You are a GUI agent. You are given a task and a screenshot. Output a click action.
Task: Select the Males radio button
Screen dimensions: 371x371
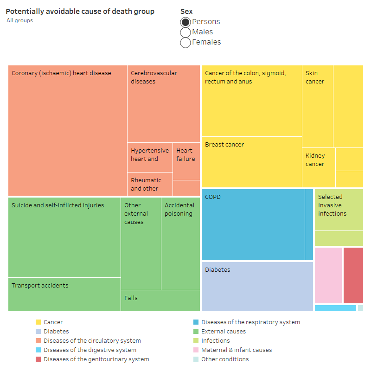(185, 32)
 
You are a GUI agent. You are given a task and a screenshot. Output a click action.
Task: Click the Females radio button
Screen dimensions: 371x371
(185, 42)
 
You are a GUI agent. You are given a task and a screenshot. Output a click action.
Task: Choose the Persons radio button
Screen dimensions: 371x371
(185, 22)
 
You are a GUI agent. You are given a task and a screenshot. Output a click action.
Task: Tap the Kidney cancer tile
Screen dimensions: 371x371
(319, 167)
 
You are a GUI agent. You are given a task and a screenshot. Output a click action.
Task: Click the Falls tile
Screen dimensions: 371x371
(160, 301)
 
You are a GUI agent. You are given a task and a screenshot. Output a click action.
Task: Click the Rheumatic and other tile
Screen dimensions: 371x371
(149, 184)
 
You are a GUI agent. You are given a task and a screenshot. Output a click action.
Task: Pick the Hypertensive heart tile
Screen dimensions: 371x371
(149, 157)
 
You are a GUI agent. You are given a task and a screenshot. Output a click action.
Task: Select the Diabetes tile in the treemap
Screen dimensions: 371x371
(257, 286)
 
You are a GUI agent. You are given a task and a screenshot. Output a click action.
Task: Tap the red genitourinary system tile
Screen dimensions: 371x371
(353, 275)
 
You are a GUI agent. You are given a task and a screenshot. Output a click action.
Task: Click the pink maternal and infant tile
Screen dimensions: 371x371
(328, 275)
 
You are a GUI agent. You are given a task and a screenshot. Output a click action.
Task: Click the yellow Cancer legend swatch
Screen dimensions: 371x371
(38, 322)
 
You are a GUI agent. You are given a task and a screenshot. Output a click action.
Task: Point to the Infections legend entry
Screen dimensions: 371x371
(215, 341)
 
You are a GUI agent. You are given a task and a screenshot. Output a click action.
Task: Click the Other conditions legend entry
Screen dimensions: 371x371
(224, 359)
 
